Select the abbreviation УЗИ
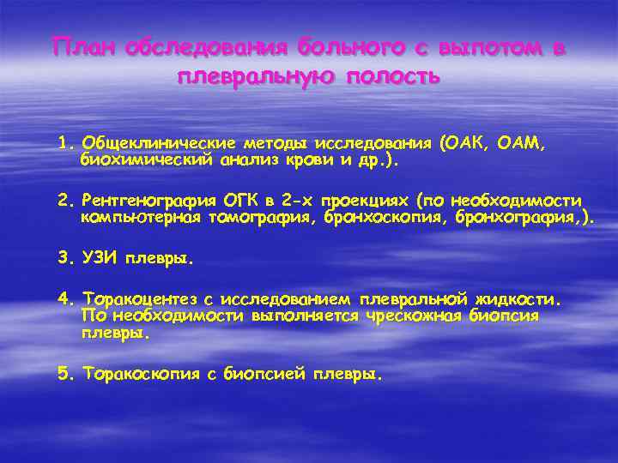coord(100,257)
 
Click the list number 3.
coord(64,257)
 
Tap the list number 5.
coord(64,375)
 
